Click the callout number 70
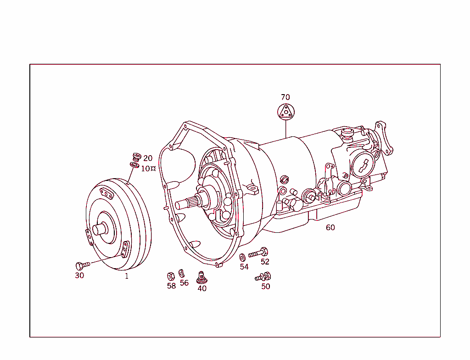(x=285, y=97)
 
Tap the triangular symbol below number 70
(x=285, y=112)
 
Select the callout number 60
(x=330, y=227)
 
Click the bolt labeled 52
(x=258, y=253)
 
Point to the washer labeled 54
(x=242, y=257)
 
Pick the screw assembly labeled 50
(x=263, y=276)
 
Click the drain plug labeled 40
(x=201, y=277)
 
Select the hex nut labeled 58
(x=170, y=276)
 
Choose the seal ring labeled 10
(x=134, y=164)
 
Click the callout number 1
(x=127, y=276)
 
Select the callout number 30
(x=79, y=276)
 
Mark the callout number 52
(x=265, y=262)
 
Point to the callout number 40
(x=202, y=289)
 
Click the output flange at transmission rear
(x=384, y=138)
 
